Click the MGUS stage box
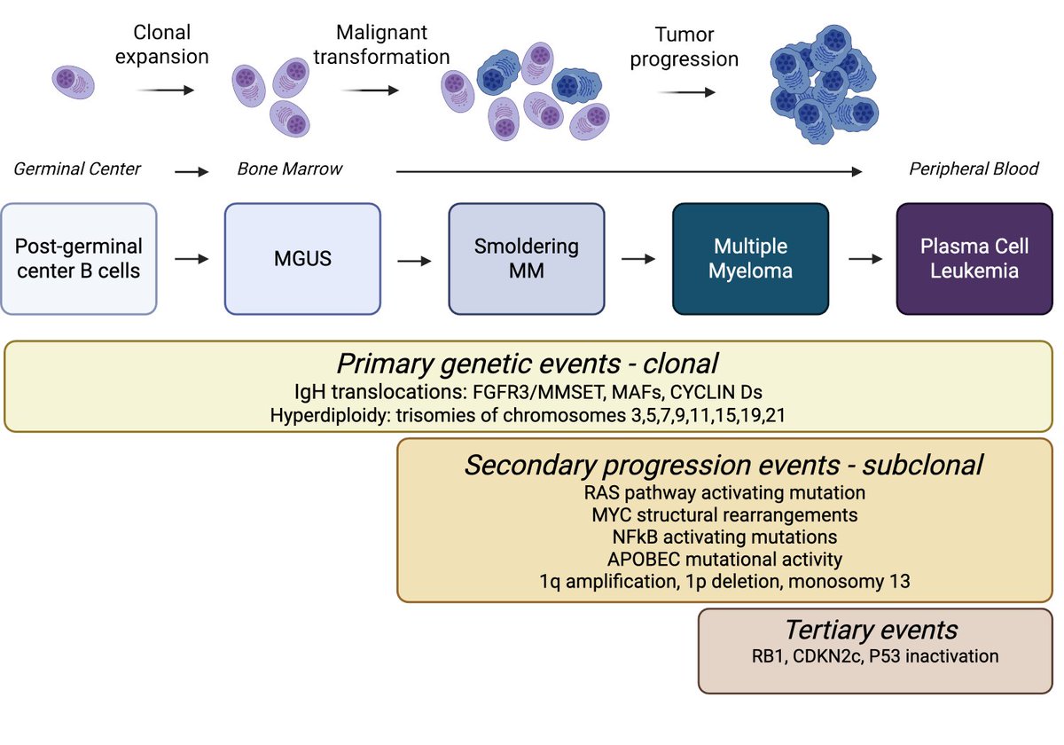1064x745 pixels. pos(302,258)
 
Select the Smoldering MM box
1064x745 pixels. pos(527,258)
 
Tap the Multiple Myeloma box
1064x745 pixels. pos(750,258)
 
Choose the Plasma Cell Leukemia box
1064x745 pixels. pos(974,258)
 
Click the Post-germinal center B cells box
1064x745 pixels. pos(79,258)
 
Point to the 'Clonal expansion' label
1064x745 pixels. pos(171,44)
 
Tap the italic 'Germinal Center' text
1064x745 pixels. pos(77,169)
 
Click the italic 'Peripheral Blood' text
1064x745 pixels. pos(974,169)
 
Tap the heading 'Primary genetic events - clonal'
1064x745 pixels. pos(527,364)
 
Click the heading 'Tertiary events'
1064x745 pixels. pos(871,630)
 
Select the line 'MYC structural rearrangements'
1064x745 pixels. pos(724,514)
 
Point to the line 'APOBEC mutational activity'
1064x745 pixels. pos(724,560)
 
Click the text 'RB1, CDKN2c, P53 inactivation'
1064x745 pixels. pos(871,657)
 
